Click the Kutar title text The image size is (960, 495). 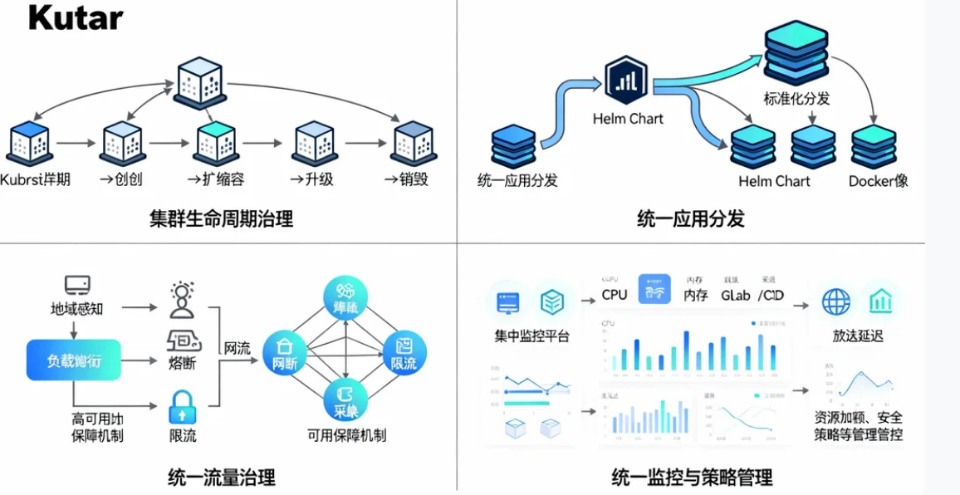[76, 17]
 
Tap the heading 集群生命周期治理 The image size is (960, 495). [221, 219]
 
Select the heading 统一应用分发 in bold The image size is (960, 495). [690, 219]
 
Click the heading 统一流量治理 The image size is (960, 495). [221, 478]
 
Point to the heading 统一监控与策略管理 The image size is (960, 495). [692, 478]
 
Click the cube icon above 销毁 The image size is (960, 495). [413, 142]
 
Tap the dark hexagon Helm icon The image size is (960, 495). [626, 80]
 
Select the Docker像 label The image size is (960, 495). [878, 181]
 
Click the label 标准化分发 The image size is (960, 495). [796, 99]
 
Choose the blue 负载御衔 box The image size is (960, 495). [73, 360]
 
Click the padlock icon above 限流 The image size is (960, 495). [181, 407]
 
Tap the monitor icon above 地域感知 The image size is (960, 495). [77, 286]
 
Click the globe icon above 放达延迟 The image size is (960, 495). [835, 301]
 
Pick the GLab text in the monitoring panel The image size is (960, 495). [735, 295]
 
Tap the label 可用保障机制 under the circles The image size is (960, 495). [346, 435]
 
